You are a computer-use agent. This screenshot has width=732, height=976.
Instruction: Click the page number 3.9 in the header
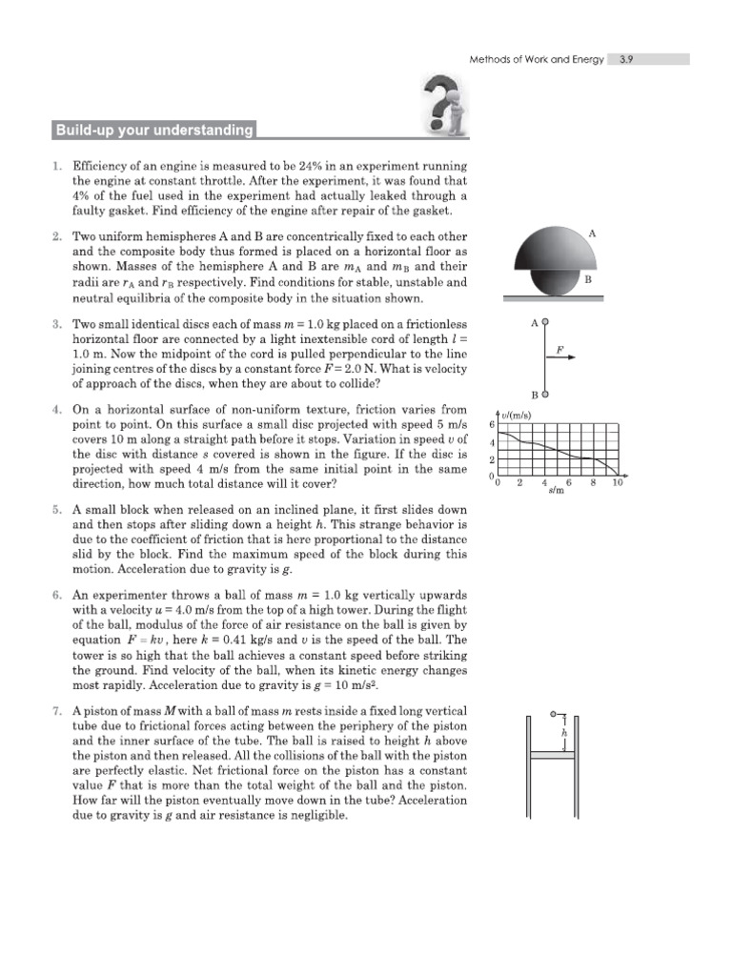click(627, 59)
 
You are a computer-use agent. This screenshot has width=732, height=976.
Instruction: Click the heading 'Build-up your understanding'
click(153, 131)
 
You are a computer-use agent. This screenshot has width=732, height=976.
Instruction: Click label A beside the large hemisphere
click(593, 233)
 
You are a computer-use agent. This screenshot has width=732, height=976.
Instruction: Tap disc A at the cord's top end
click(545, 323)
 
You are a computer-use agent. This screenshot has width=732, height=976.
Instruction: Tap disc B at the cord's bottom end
click(545, 393)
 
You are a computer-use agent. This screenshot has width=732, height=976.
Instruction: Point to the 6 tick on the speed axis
click(491, 424)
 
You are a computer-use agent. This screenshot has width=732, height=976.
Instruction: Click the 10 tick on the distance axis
click(617, 483)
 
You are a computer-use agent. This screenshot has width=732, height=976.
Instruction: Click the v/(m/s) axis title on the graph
click(516, 414)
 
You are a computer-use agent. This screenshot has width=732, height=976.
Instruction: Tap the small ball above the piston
click(555, 713)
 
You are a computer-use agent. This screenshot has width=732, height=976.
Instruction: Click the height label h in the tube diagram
click(565, 734)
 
